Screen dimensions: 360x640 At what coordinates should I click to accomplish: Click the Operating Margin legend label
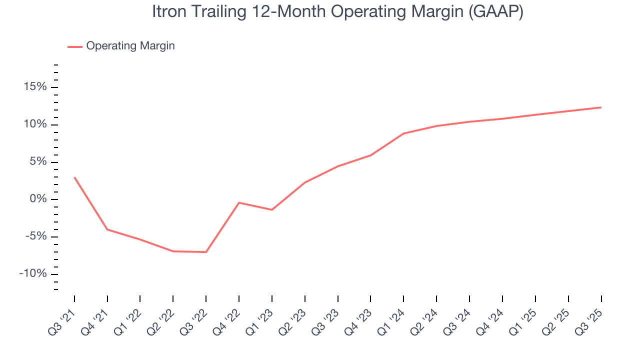pos(130,46)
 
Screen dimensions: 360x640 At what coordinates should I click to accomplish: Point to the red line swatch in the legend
pos(75,46)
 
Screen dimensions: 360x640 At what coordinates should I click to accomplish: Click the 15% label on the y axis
pos(35,87)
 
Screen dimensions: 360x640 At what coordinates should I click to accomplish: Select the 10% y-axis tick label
pos(35,124)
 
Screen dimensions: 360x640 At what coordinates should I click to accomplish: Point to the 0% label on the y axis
pos(38,199)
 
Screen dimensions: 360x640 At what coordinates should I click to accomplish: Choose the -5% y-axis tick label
pos(36,236)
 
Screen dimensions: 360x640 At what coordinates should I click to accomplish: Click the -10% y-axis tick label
pos(33,274)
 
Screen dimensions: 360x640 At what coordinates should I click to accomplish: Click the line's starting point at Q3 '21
pos(74,177)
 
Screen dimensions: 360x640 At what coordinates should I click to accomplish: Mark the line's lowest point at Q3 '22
pos(206,252)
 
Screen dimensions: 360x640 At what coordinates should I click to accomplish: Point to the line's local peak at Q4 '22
pos(239,202)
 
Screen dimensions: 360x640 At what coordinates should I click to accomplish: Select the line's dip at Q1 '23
pos(272,209)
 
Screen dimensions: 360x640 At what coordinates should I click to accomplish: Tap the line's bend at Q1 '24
pos(403,133)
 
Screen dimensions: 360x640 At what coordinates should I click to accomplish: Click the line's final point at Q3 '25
pos(600,107)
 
